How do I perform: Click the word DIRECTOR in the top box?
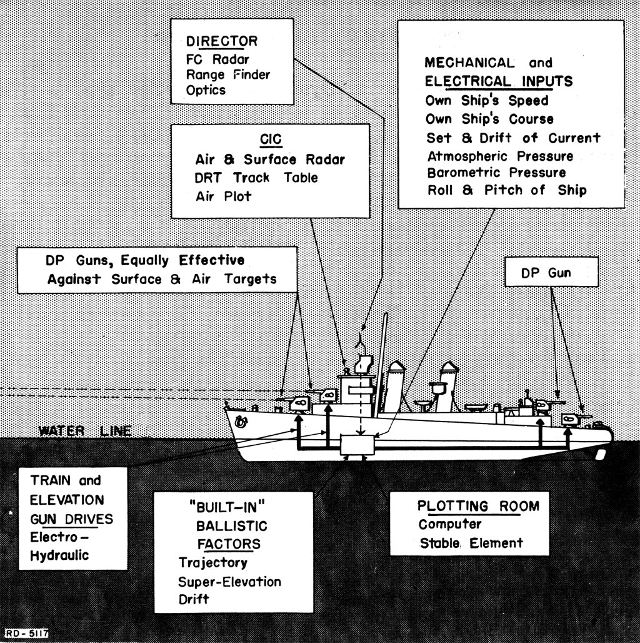point(222,41)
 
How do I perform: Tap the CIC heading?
point(271,139)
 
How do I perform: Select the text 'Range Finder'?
point(227,74)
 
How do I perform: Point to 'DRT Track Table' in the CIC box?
point(256,178)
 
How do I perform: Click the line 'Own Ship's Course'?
point(489,119)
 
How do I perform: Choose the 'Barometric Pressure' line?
point(496,173)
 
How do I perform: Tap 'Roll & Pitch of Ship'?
point(507,190)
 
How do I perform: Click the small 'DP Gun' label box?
point(551,272)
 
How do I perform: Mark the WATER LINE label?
point(85,431)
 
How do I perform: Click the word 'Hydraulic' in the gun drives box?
point(59,555)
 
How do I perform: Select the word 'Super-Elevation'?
point(229,582)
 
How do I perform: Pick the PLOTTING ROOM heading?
point(478,506)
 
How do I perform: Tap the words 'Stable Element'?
point(471,544)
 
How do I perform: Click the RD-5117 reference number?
point(27,633)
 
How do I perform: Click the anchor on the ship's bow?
point(241,421)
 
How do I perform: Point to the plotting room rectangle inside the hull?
point(357,445)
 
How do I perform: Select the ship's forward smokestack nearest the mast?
point(395,387)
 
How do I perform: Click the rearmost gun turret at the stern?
point(571,419)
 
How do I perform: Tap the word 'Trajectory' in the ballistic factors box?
point(212,563)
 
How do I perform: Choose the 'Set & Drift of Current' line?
point(513,138)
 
